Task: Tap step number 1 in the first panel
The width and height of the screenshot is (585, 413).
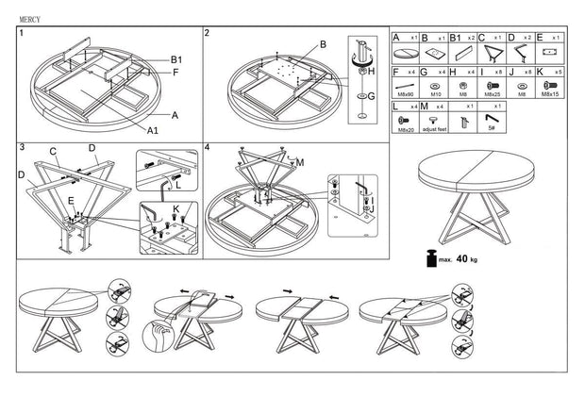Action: tap(21, 32)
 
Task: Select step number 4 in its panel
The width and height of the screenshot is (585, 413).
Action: tap(208, 148)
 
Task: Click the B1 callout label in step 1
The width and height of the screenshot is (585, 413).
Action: tap(176, 59)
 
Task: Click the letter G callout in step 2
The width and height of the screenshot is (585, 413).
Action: tap(372, 95)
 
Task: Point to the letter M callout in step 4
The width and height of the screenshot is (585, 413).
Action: tap(302, 161)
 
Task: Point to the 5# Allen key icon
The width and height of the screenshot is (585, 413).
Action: tap(492, 118)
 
